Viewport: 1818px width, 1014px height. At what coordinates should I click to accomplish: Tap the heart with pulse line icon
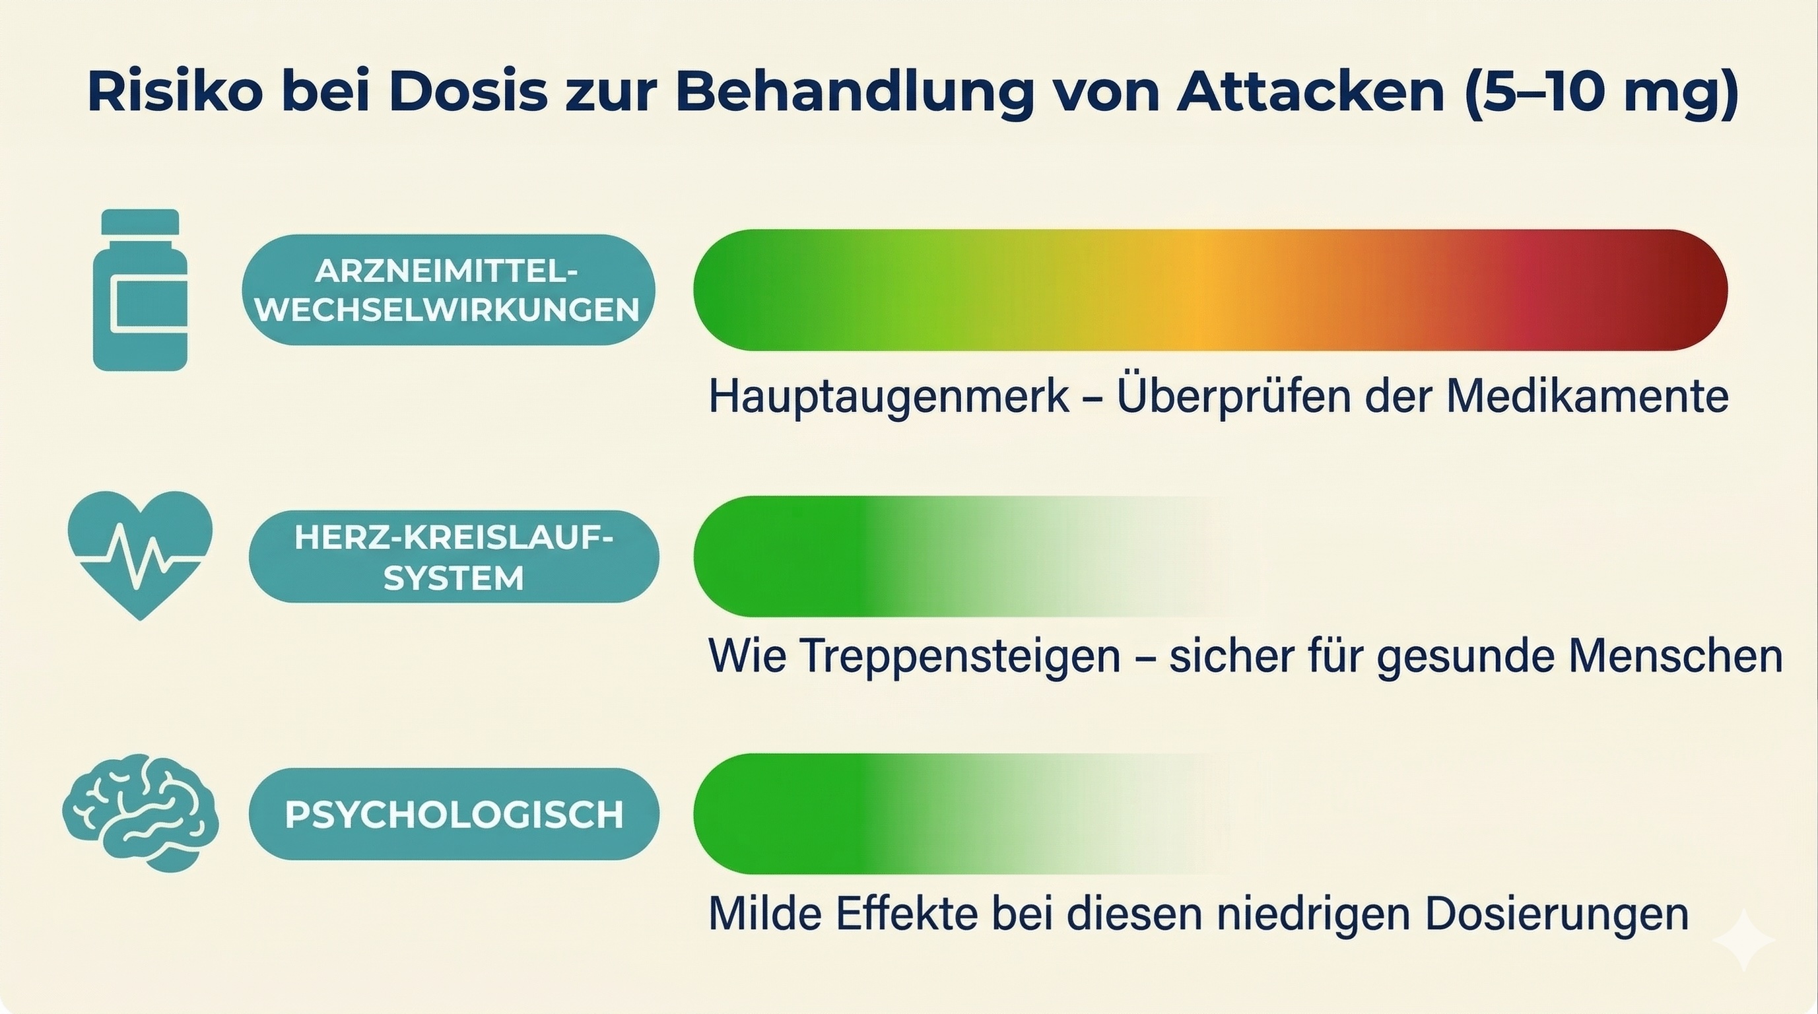141,555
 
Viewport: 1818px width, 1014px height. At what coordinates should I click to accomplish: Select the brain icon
141,813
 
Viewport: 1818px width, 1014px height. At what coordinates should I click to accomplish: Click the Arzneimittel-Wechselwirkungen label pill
448,290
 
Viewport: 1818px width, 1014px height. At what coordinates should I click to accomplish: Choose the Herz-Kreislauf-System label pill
454,557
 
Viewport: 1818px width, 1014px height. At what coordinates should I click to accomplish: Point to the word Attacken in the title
1310,92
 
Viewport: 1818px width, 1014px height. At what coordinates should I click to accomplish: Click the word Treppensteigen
960,657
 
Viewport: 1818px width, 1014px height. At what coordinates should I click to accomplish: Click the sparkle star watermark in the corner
1743,940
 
